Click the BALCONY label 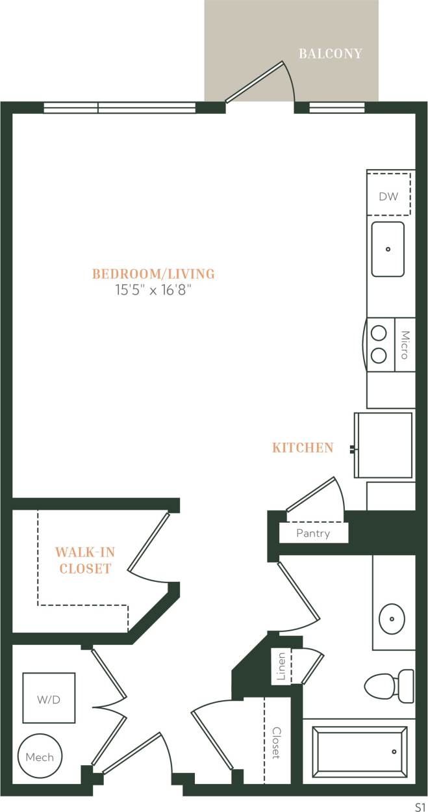point(330,54)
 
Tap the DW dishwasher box point(388,196)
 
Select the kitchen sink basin point(388,249)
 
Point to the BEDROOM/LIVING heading point(153,274)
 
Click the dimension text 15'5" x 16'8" point(153,291)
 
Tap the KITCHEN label point(303,448)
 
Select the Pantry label point(313,534)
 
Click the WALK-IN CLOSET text point(84,560)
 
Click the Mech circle point(40,757)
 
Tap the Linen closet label point(281,666)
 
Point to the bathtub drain point(394,752)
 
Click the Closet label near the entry point(275,743)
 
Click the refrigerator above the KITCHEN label point(383,445)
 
